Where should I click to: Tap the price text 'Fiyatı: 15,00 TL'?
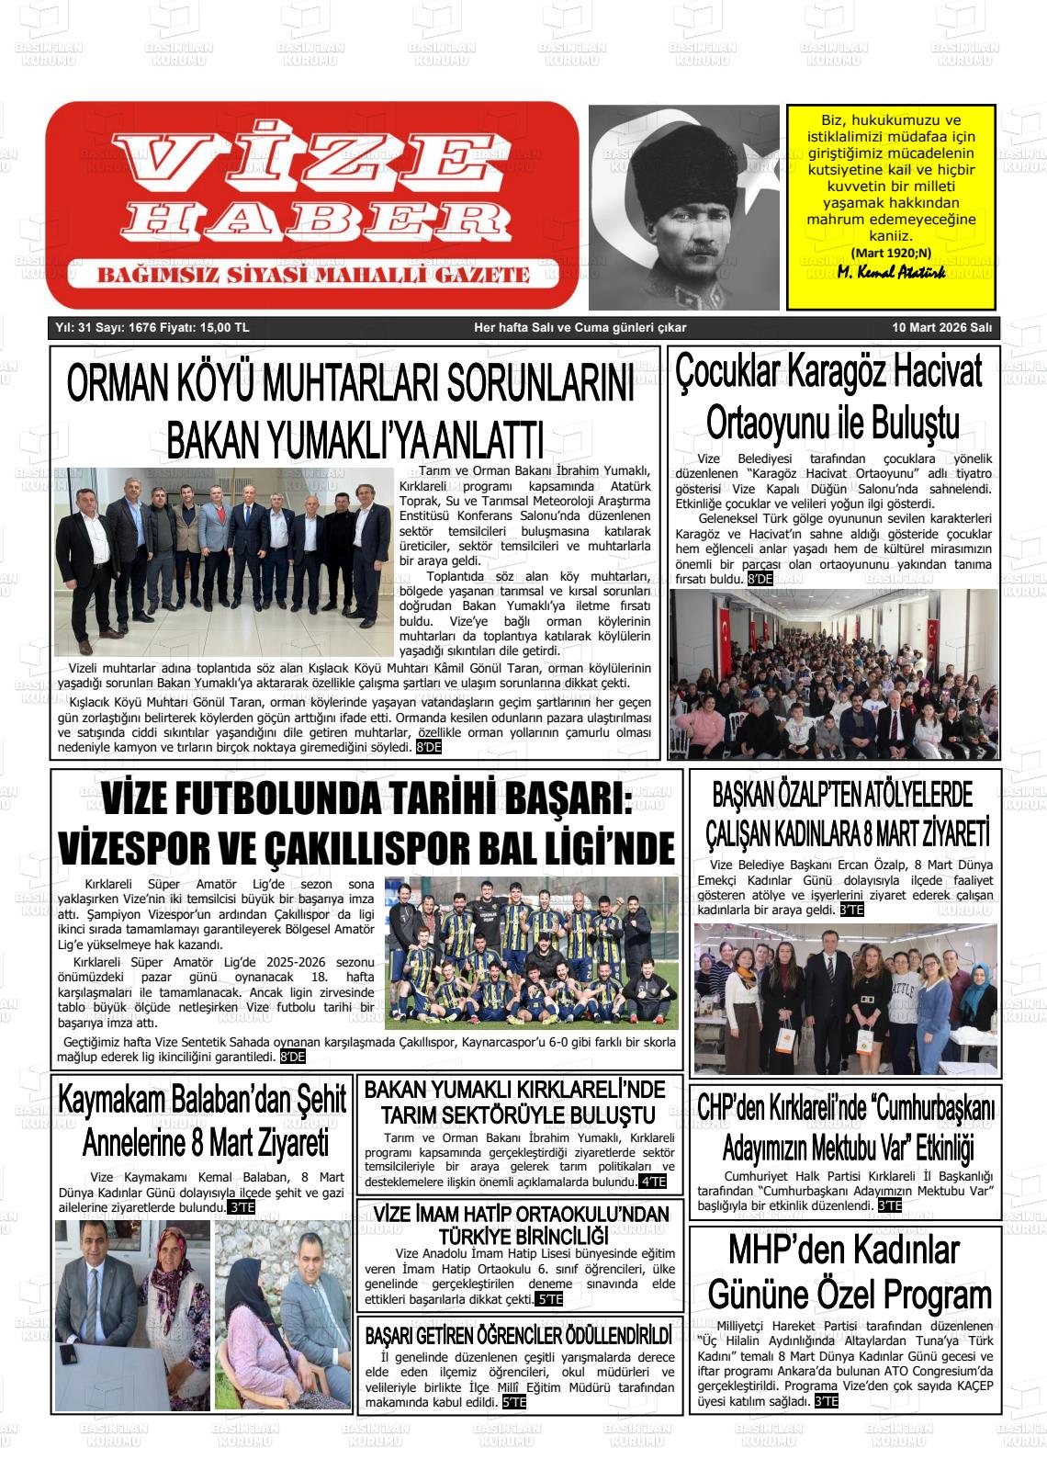[204, 328]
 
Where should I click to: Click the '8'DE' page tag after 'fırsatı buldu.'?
[760, 579]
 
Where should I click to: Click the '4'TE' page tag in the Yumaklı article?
[653, 1182]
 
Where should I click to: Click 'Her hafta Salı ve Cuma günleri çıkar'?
[580, 328]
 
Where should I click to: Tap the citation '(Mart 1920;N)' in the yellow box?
[890, 253]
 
